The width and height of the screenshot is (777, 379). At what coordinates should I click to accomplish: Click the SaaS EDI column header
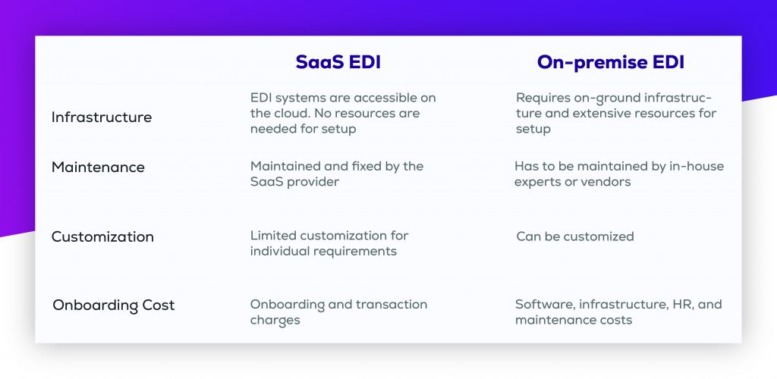[338, 63]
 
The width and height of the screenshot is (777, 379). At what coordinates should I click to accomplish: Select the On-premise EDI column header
[610, 63]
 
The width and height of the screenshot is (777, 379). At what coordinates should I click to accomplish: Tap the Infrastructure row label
[102, 117]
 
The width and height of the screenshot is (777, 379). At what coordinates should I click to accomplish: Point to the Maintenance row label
[98, 168]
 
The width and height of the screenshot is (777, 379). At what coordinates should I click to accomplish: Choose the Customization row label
[102, 237]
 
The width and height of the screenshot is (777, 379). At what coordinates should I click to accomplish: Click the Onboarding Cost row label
[114, 305]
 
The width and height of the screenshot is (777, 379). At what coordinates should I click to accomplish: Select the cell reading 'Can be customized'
[574, 236]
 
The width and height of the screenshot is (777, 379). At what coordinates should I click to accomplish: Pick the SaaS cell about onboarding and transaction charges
[338, 312]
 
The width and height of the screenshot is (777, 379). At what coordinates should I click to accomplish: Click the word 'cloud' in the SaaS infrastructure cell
[293, 114]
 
